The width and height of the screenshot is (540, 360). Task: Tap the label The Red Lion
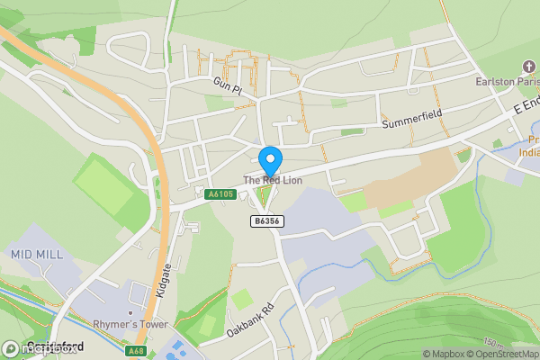click(x=273, y=181)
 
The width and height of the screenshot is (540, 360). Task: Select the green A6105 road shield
click(x=220, y=194)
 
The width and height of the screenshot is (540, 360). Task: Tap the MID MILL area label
click(x=37, y=255)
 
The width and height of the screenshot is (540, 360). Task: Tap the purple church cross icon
click(x=528, y=67)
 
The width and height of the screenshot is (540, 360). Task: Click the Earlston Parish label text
click(x=508, y=82)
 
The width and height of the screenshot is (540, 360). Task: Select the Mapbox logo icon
click(x=12, y=348)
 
